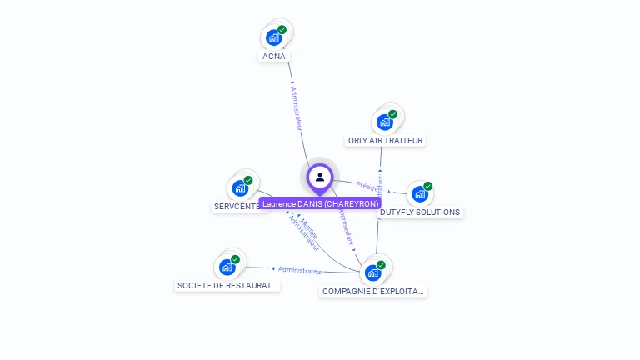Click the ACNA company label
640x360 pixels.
pyautogui.click(x=273, y=57)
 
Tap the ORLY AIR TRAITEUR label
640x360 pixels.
pyautogui.click(x=385, y=141)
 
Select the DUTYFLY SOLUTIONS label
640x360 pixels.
pyautogui.click(x=419, y=212)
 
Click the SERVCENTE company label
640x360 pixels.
pyautogui.click(x=237, y=207)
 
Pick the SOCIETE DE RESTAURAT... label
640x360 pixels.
pyautogui.click(x=227, y=285)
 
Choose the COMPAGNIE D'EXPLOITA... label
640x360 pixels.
pyautogui.click(x=373, y=292)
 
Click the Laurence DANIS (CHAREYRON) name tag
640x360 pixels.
pyautogui.click(x=320, y=203)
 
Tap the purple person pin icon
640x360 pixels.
pyautogui.click(x=320, y=177)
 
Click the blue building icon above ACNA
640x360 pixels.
pyautogui.click(x=273, y=37)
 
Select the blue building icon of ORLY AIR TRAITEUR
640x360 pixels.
pyautogui.click(x=384, y=122)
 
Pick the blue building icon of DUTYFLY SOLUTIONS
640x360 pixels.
pyautogui.click(x=419, y=194)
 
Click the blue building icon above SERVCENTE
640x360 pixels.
pyautogui.click(x=240, y=188)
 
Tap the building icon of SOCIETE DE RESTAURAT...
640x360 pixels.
pyautogui.click(x=227, y=267)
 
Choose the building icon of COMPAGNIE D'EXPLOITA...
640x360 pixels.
pyautogui.click(x=372, y=272)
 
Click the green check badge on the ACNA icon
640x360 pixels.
pyautogui.click(x=282, y=29)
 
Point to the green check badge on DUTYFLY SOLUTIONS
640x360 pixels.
pyautogui.click(x=428, y=186)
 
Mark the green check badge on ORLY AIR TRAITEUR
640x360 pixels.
pyautogui.click(x=393, y=114)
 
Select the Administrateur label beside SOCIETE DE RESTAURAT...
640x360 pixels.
pyautogui.click(x=300, y=270)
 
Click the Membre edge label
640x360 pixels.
pyautogui.click(x=309, y=227)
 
